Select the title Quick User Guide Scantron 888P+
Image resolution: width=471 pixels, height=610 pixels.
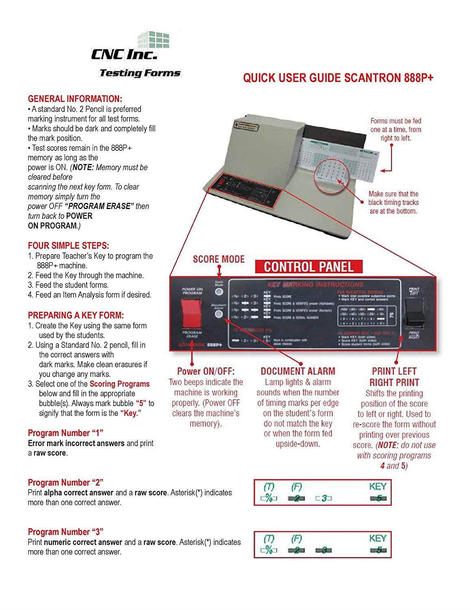click(x=338, y=78)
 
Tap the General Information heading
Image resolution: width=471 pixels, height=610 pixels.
click(x=75, y=99)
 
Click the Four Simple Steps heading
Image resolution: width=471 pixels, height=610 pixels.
click(x=68, y=246)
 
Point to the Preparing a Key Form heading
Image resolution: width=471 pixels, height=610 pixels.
click(x=76, y=315)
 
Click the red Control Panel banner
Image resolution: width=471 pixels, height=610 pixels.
click(x=308, y=266)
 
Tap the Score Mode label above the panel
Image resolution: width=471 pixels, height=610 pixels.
click(x=219, y=259)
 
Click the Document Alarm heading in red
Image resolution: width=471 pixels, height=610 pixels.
click(x=297, y=371)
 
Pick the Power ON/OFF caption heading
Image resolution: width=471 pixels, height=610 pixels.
click(x=206, y=371)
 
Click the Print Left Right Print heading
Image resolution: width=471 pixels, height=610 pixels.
click(x=394, y=377)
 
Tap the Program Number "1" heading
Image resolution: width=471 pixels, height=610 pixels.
click(x=65, y=433)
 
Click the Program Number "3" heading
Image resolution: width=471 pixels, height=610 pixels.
click(x=65, y=532)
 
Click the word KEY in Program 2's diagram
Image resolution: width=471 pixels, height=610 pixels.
click(x=378, y=486)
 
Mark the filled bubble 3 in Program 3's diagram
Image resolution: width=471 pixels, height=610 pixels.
click(x=324, y=551)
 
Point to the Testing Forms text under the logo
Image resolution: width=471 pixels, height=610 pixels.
click(x=140, y=73)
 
